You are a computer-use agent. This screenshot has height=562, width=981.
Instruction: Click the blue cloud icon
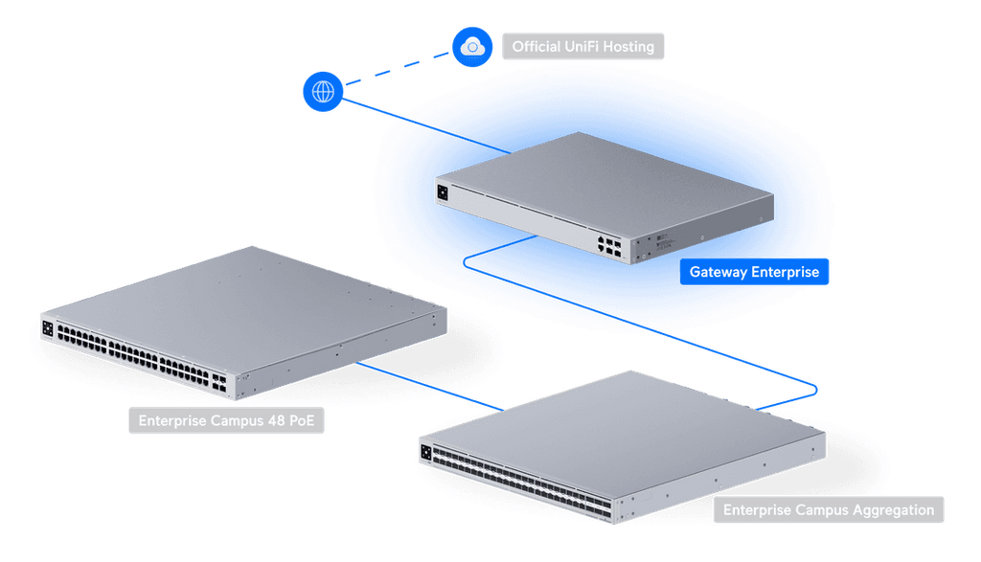472,45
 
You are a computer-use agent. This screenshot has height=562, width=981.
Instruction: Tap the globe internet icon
324,92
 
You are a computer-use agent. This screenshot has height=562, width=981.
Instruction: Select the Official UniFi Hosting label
582,46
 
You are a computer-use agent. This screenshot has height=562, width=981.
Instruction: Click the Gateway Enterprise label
754,272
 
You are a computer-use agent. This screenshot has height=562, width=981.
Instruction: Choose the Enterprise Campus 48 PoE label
226,420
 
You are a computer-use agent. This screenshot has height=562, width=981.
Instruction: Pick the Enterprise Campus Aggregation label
828,509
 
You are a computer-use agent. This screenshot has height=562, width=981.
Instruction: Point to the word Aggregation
892,509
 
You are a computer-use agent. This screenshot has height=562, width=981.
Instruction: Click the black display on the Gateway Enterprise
442,191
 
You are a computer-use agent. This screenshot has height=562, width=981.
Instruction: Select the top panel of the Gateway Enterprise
604,182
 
